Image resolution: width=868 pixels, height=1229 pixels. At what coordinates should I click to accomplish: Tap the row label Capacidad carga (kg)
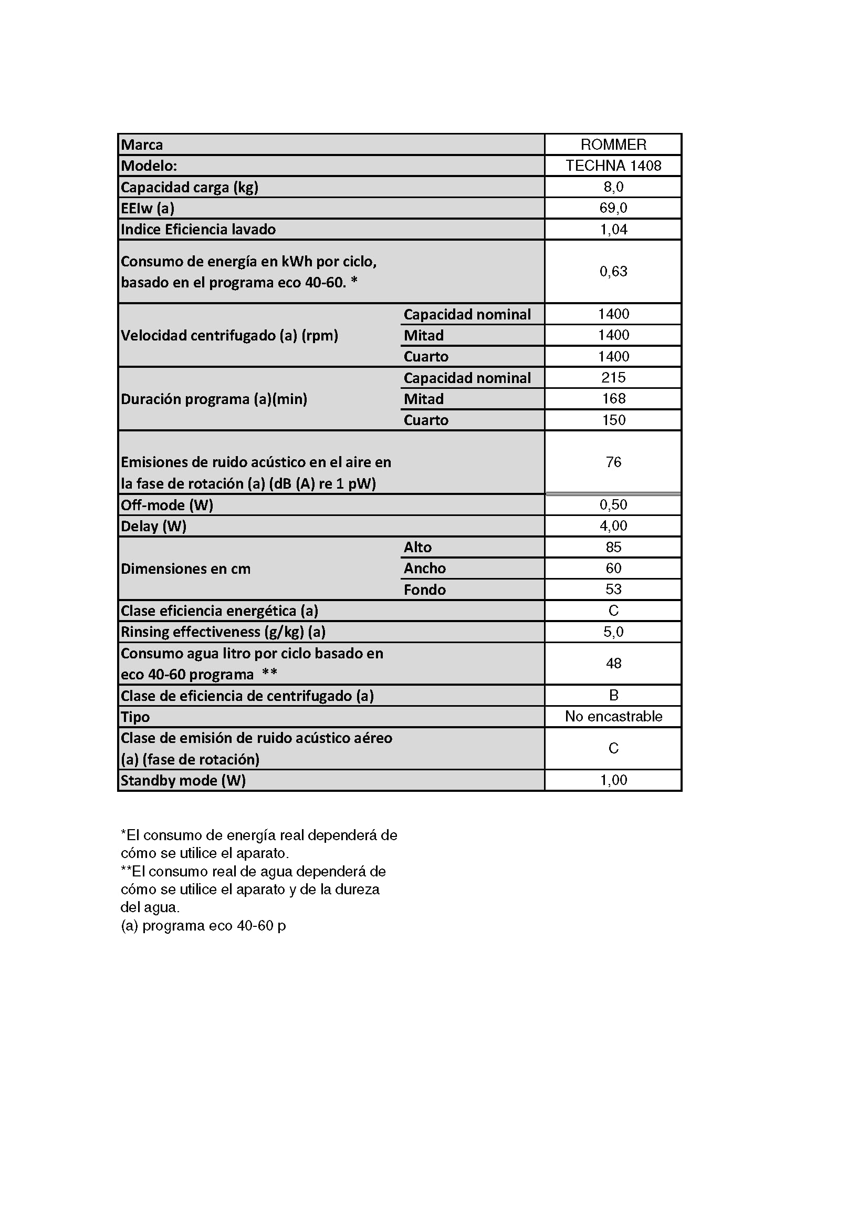click(x=190, y=188)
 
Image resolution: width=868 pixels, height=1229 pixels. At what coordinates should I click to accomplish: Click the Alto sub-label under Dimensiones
click(x=417, y=547)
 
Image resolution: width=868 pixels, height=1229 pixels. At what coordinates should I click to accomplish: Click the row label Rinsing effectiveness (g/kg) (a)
click(x=223, y=632)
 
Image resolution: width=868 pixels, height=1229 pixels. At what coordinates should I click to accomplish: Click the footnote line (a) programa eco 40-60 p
click(x=203, y=925)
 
